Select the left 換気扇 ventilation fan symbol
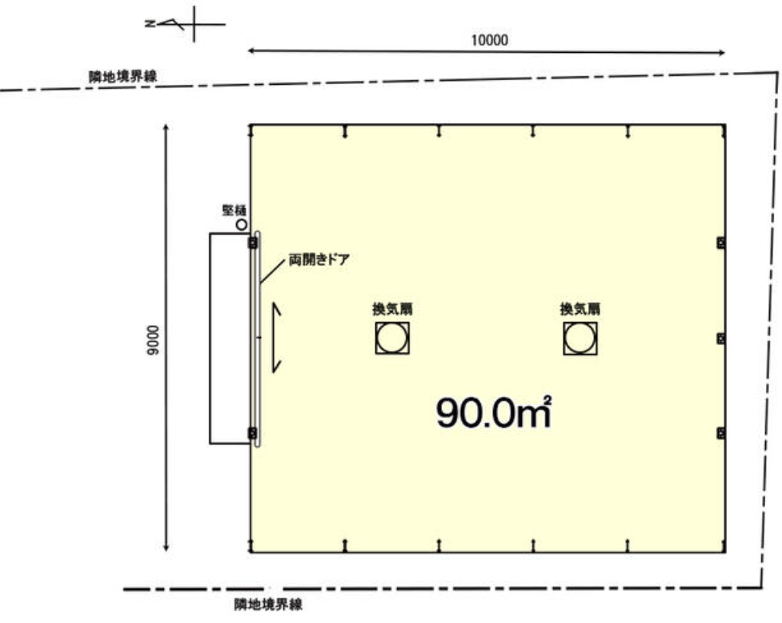point(392,338)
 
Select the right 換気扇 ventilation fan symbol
point(579,338)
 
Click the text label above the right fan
point(580,308)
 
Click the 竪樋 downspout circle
point(241,226)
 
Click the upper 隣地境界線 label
point(122,77)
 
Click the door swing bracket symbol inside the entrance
point(276,337)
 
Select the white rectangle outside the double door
point(229,337)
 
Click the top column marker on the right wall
point(720,243)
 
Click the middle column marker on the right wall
point(720,339)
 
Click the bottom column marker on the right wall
point(720,433)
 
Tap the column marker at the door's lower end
point(254,433)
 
